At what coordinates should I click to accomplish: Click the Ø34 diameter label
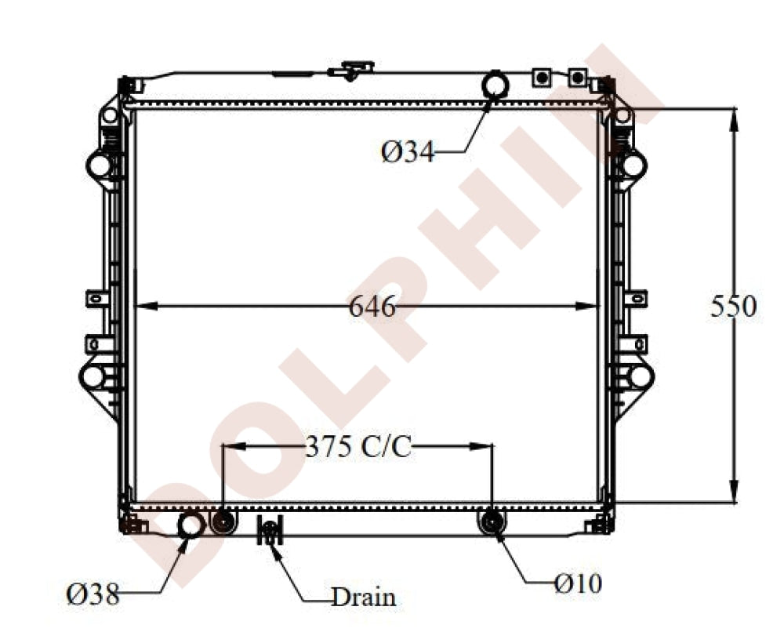[408, 151]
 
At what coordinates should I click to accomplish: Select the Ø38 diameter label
[93, 595]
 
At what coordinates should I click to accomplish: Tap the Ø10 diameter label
[578, 583]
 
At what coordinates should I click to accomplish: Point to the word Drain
[363, 597]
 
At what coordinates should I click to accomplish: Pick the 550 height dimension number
[733, 307]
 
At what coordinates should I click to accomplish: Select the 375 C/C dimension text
[358, 447]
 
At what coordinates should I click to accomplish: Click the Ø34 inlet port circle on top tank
[495, 84]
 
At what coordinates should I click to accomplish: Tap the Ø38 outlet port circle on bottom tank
[191, 526]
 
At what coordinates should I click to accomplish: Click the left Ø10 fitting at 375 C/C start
[223, 521]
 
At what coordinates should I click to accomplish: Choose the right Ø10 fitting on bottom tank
[492, 521]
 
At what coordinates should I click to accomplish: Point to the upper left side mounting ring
[99, 165]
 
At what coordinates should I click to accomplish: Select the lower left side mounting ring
[93, 376]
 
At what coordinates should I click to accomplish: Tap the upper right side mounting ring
[632, 165]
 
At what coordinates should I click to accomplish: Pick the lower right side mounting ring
[639, 376]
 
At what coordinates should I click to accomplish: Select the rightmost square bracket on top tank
[577, 77]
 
